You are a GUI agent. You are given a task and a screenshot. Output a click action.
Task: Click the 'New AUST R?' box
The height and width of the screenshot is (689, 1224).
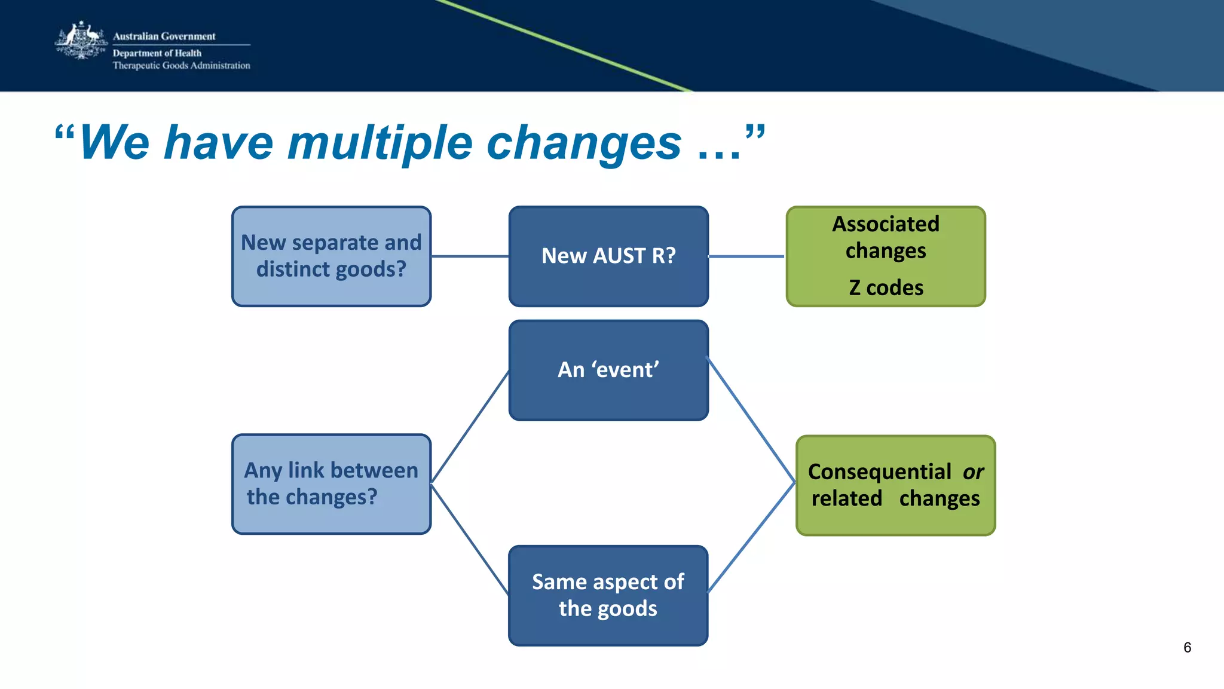[x=608, y=256]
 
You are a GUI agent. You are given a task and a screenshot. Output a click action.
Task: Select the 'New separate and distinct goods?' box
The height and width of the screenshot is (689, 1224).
[x=331, y=256]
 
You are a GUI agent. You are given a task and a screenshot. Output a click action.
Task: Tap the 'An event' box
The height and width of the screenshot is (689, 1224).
[x=608, y=370]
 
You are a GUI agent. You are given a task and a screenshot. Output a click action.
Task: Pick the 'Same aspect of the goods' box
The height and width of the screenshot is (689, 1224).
[x=608, y=595]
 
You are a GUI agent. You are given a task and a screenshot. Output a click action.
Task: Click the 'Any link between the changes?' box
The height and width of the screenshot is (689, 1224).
[x=331, y=484]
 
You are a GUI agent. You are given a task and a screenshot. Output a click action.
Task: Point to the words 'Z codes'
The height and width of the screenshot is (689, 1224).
[x=886, y=288]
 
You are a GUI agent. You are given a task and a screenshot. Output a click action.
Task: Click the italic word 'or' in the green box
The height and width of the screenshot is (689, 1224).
[x=972, y=472]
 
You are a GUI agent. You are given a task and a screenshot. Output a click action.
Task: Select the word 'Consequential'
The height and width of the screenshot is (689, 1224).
[x=879, y=472]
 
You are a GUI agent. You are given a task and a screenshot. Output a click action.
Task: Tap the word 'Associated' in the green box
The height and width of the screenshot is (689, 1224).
[x=886, y=224]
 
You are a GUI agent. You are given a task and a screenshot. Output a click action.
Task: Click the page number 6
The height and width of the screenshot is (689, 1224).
[x=1187, y=648]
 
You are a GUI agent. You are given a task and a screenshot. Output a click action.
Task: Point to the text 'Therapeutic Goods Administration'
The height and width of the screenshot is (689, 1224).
[x=181, y=66]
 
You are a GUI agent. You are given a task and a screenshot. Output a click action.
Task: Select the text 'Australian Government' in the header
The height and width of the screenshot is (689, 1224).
[x=164, y=36]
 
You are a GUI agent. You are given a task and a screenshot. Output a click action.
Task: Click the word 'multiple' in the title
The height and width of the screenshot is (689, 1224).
[x=380, y=143]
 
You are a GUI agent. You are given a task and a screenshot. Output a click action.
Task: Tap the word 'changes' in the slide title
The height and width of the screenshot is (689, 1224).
[x=584, y=143]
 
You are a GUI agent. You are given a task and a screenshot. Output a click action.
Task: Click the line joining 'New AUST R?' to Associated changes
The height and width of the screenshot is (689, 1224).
[x=746, y=256]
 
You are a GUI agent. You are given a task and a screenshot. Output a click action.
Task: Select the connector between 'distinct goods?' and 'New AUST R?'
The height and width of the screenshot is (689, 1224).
[x=470, y=256]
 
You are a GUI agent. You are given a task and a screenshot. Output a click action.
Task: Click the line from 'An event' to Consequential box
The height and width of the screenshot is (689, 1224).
[x=751, y=419]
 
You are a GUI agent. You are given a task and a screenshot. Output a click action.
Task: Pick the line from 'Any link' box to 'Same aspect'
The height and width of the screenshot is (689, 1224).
[x=470, y=539]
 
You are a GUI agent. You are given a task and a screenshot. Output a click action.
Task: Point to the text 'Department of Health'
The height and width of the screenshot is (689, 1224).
[x=157, y=53]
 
